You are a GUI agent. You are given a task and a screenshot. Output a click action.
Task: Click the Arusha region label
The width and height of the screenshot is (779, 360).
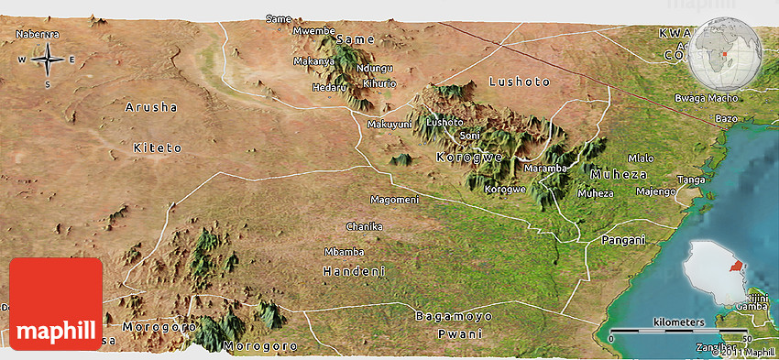point(151,107)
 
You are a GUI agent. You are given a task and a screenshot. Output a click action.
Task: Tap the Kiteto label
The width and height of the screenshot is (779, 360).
point(158,147)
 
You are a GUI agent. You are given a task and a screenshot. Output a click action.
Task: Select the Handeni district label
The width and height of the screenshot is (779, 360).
point(354,271)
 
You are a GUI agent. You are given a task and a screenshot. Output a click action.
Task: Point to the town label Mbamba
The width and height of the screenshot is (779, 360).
point(345,252)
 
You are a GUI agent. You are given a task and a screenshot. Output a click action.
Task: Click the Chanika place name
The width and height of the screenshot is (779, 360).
point(364,226)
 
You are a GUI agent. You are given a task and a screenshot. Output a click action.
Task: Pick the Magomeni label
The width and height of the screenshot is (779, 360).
point(394,200)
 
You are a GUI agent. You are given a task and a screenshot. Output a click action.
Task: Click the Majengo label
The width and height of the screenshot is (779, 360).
point(655,191)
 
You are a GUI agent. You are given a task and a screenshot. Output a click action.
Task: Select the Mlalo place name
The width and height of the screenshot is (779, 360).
point(642,158)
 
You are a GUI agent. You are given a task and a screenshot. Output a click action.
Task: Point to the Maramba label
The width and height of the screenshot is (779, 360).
point(545,169)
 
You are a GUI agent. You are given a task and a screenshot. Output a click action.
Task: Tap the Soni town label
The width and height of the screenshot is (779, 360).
point(469,136)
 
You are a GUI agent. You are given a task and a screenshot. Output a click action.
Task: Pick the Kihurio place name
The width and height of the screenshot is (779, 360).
point(379,83)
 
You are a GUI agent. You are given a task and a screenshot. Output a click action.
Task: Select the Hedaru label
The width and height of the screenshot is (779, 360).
point(330,87)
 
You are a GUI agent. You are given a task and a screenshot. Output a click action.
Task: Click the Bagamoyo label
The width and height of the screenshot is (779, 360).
point(454,316)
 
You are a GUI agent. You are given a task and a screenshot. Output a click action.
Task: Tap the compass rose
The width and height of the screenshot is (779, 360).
point(47,60)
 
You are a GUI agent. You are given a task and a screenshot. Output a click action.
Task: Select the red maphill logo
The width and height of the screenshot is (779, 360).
point(56,304)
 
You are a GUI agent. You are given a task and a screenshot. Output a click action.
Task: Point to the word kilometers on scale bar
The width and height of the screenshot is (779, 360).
point(679,322)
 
